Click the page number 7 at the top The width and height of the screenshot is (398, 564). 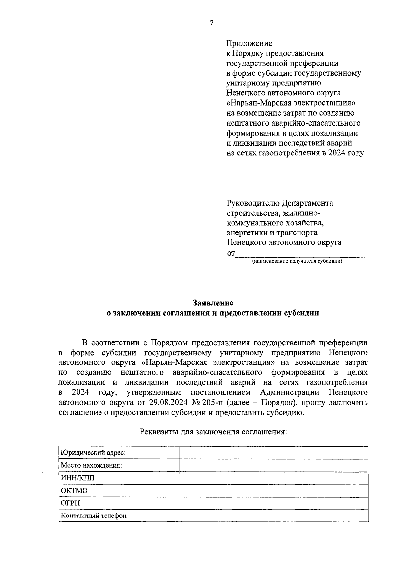(211, 23)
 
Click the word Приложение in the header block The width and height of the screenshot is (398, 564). (249, 43)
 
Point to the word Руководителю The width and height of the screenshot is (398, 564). (253, 203)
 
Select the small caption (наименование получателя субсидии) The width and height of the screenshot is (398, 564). (297, 261)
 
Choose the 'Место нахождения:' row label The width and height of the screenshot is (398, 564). (91, 465)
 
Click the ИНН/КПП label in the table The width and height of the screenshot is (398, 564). (77, 478)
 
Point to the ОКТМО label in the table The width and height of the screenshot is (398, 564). (74, 491)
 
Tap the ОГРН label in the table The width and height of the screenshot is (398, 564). (70, 503)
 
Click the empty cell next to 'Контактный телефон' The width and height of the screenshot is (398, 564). (274, 516)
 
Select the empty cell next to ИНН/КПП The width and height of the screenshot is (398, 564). (274, 478)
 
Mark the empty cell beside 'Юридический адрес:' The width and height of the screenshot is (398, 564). (274, 453)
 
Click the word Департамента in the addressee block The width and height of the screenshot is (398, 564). (307, 203)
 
